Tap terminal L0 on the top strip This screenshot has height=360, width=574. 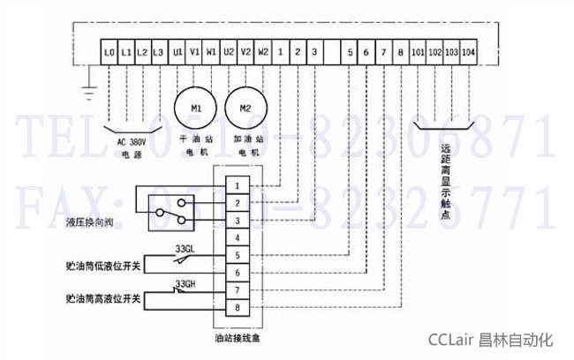(110, 52)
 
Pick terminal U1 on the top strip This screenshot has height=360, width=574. (177, 52)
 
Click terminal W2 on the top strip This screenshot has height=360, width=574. (263, 52)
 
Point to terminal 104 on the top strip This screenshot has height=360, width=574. (469, 52)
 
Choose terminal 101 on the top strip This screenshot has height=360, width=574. (418, 52)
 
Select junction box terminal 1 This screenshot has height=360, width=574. (237, 186)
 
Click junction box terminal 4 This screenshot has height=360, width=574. (237, 238)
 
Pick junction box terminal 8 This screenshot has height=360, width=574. (237, 306)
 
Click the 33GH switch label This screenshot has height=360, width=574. (185, 283)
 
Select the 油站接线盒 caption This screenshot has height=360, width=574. (237, 336)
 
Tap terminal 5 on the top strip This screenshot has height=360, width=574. (350, 52)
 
